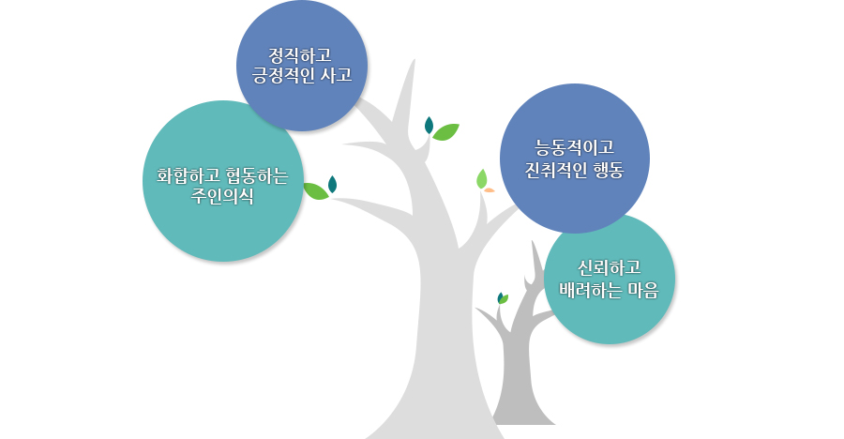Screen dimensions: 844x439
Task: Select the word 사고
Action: (337, 75)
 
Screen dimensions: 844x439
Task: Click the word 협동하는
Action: (257, 176)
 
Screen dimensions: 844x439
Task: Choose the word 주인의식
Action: (222, 197)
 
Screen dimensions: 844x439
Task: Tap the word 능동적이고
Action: (574, 147)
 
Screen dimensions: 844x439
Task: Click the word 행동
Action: (609, 170)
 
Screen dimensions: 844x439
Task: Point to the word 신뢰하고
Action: (609, 267)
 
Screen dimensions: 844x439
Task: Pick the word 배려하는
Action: (591, 291)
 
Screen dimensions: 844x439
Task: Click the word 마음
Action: (643, 291)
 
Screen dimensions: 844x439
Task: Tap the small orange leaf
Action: (489, 190)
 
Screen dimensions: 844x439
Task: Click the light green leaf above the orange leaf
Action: (482, 179)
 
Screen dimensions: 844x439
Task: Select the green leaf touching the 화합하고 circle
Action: (316, 191)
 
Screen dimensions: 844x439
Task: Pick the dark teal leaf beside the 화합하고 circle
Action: (332, 184)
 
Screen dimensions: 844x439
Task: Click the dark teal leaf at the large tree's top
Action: (429, 125)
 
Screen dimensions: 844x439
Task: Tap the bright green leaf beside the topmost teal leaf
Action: (445, 131)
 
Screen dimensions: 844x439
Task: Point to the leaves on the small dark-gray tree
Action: (503, 298)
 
